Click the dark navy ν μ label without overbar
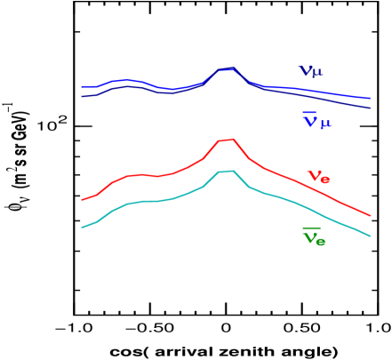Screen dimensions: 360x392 [310, 71]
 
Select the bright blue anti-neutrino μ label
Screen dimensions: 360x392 [316, 122]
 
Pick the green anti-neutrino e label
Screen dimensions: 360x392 [313, 238]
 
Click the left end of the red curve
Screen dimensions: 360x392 [83, 200]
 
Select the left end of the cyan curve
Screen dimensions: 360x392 [83, 228]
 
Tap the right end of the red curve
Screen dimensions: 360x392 [370, 215]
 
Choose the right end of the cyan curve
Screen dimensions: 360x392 [370, 236]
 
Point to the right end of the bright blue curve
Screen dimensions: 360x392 [370, 99]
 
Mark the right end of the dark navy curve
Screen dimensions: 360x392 [370, 108]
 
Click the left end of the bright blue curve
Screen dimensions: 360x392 [83, 87]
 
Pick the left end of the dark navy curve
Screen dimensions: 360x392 [83, 96]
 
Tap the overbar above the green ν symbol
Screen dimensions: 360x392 [310, 229]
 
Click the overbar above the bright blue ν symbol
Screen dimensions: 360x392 [309, 113]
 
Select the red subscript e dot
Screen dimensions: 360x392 [324, 180]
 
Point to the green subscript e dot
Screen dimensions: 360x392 [320, 242]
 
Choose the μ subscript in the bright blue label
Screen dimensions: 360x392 [325, 124]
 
